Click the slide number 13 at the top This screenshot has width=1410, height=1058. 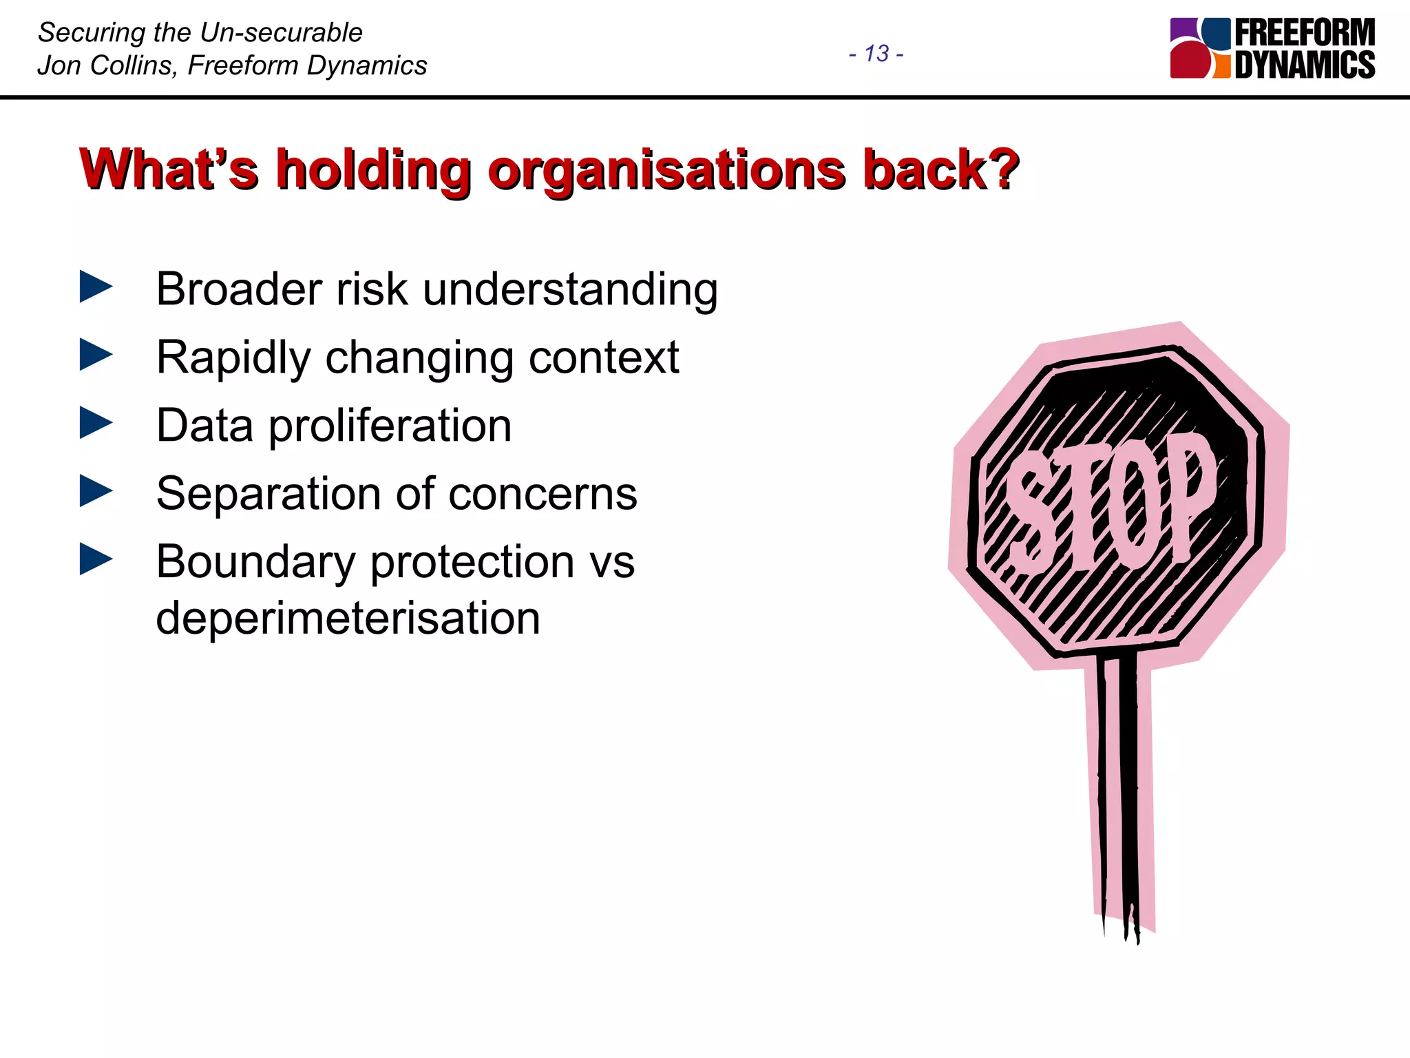(876, 53)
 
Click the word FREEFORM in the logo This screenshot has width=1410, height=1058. (1305, 32)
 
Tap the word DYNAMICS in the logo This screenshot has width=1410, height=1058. (1305, 65)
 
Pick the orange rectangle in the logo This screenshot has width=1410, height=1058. (1221, 68)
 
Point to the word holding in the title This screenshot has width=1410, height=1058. (374, 170)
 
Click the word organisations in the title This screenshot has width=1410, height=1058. (666, 170)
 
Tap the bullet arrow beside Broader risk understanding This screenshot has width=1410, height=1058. (96, 287)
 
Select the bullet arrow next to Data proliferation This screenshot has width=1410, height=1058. (96, 423)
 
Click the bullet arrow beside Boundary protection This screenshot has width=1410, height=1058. (96, 559)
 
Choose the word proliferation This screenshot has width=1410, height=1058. (390, 426)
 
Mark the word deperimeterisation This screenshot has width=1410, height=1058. (348, 618)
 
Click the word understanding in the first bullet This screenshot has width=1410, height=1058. (570, 289)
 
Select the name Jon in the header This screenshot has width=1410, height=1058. (59, 65)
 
